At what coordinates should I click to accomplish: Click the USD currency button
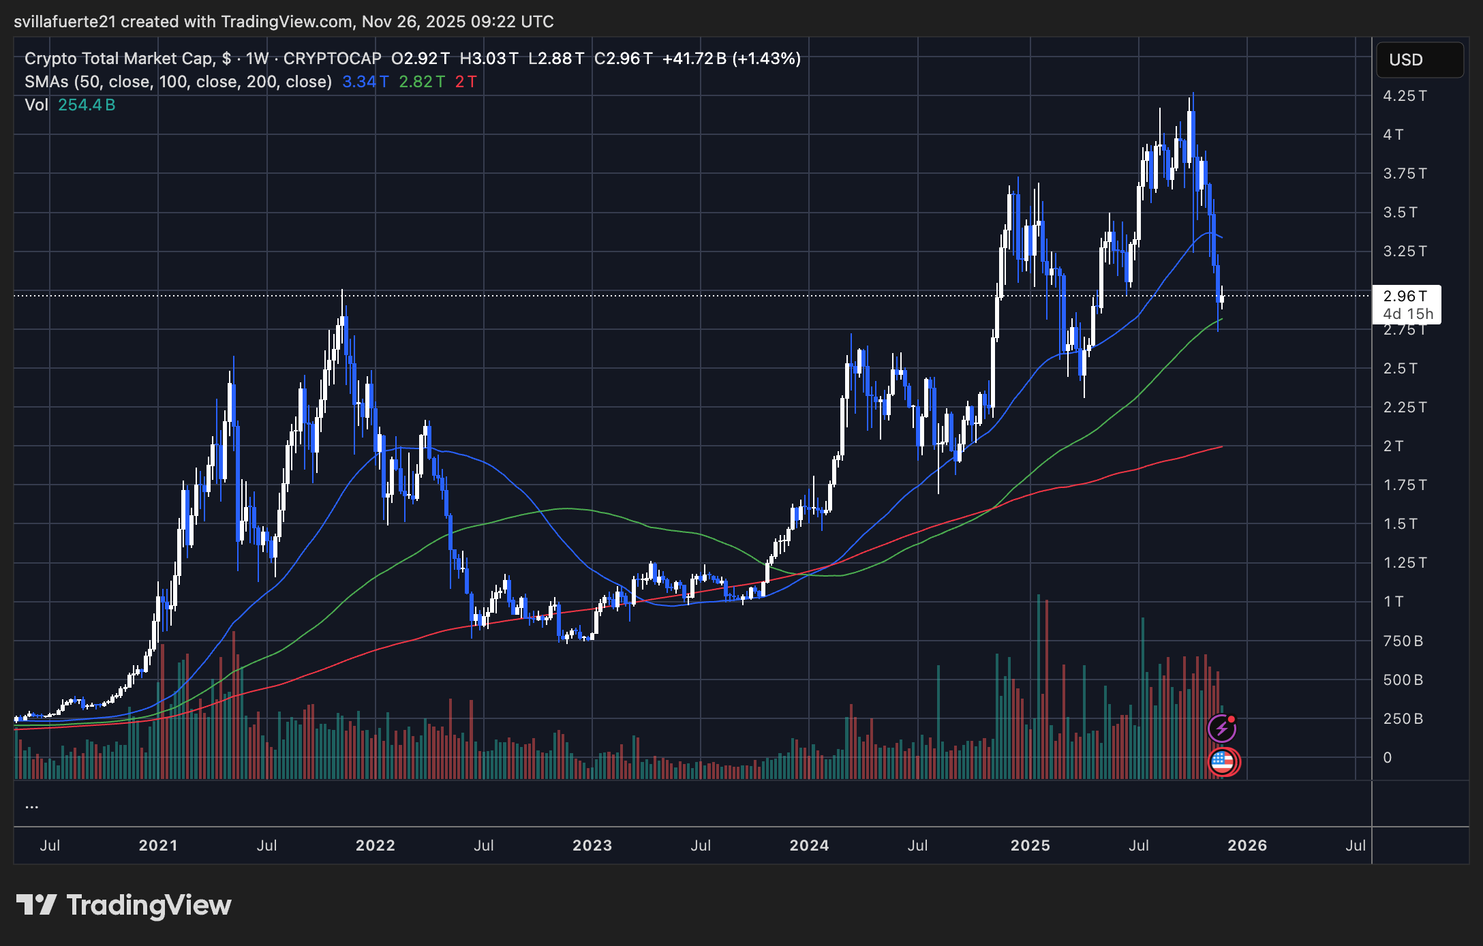pyautogui.click(x=1419, y=60)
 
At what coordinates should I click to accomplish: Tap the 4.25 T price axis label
pyautogui.click(x=1405, y=96)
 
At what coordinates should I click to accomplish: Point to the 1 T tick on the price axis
pyautogui.click(x=1393, y=602)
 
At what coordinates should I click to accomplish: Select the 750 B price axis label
pyautogui.click(x=1403, y=641)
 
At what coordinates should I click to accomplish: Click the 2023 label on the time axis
pyautogui.click(x=592, y=846)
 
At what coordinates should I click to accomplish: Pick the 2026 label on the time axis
pyautogui.click(x=1247, y=846)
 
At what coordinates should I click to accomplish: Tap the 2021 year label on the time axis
pyautogui.click(x=157, y=846)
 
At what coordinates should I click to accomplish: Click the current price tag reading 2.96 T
pyautogui.click(x=1405, y=296)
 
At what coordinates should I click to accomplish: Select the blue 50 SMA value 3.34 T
pyautogui.click(x=365, y=82)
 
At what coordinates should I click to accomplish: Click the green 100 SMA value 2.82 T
pyautogui.click(x=422, y=82)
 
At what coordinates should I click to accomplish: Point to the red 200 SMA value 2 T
pyautogui.click(x=466, y=82)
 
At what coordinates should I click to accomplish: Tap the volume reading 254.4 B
pyautogui.click(x=87, y=105)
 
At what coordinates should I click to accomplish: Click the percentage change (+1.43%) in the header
pyautogui.click(x=767, y=59)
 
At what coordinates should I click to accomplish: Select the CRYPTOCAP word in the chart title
pyautogui.click(x=332, y=59)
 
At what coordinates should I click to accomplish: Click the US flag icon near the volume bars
pyautogui.click(x=1223, y=761)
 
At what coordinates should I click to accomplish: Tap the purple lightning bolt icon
pyautogui.click(x=1221, y=729)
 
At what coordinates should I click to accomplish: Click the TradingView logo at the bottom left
pyautogui.click(x=123, y=905)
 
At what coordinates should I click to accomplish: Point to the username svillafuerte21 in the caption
pyautogui.click(x=65, y=22)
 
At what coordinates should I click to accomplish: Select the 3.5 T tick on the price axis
pyautogui.click(x=1400, y=213)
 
